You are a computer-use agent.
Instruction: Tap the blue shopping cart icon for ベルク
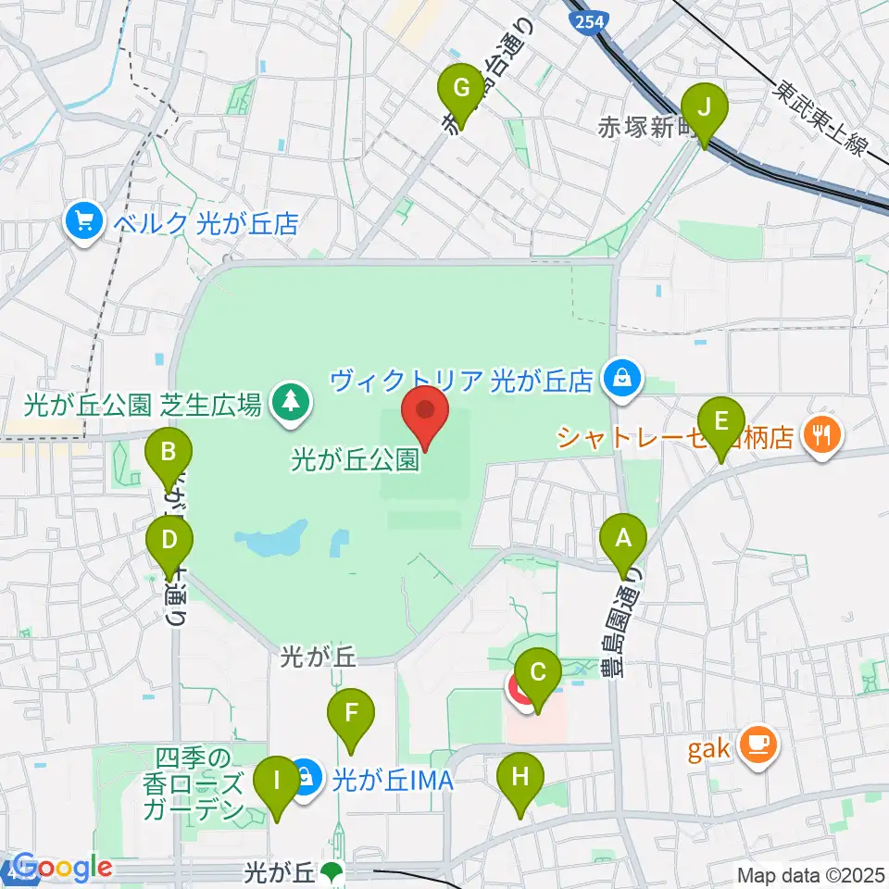[83, 223]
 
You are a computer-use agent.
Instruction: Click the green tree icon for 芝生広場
[292, 402]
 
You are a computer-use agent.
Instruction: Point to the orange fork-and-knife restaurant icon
[820, 432]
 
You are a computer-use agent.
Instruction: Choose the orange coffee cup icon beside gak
[758, 744]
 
